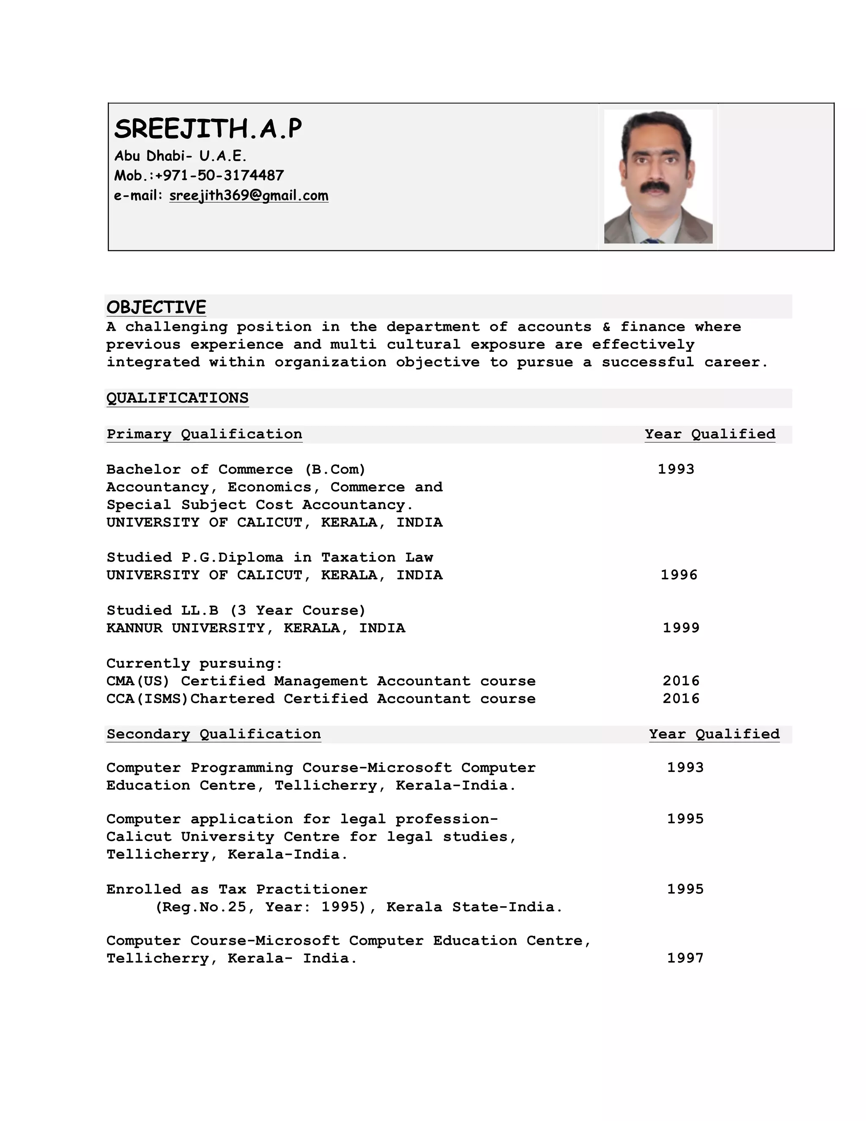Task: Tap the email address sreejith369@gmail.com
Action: pyautogui.click(x=248, y=195)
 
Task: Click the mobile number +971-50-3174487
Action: pyautogui.click(x=219, y=176)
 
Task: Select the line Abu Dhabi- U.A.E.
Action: pyautogui.click(x=180, y=156)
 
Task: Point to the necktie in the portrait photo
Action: pyautogui.click(x=652, y=240)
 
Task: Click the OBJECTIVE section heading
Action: pyautogui.click(x=156, y=307)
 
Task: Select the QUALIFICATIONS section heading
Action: pyautogui.click(x=177, y=398)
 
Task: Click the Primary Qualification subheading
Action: pyautogui.click(x=204, y=434)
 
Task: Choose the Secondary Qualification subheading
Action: pyautogui.click(x=214, y=734)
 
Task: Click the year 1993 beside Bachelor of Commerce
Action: pyautogui.click(x=676, y=469)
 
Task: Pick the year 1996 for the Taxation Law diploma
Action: pyautogui.click(x=679, y=574)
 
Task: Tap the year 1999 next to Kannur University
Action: pyautogui.click(x=681, y=628)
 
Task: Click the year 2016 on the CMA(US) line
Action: pyautogui.click(x=681, y=681)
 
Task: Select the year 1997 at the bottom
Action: pyautogui.click(x=685, y=958)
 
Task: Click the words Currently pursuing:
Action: pyautogui.click(x=195, y=663)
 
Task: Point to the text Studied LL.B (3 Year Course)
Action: pyautogui.click(x=236, y=610)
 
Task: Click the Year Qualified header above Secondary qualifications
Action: pyautogui.click(x=714, y=734)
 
